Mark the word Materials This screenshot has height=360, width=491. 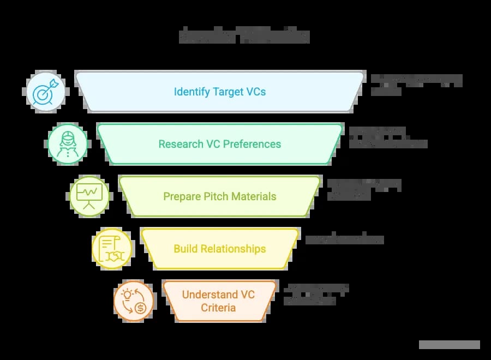point(254,196)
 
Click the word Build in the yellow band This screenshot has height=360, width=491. point(185,249)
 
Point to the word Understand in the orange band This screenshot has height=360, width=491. point(210,295)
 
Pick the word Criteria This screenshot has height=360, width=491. point(218,308)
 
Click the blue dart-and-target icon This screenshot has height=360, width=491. point(46,91)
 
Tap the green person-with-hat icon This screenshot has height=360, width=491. point(68,144)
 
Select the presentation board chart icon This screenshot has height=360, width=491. point(89,196)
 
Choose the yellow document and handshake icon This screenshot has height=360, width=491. point(112,249)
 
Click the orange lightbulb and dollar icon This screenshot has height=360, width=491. point(134,301)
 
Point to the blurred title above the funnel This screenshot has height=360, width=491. point(244,36)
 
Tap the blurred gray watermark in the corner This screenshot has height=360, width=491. point(449,345)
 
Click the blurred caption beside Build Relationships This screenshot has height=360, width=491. point(344,239)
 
